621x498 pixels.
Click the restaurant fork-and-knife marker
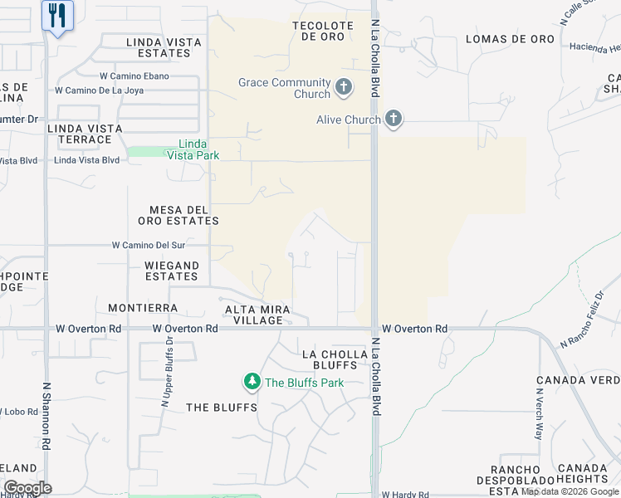[x=57, y=15]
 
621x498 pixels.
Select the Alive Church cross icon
[x=394, y=120]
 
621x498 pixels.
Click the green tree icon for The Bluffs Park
[x=252, y=382]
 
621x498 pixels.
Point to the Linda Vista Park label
[x=193, y=149]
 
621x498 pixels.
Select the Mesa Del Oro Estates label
[x=178, y=215]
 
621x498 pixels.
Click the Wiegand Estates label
[x=172, y=271]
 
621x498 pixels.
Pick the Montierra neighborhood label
[x=143, y=308]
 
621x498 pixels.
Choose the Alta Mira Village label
[x=258, y=315]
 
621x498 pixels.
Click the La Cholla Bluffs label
[x=335, y=359]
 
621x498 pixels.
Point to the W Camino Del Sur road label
[x=149, y=246]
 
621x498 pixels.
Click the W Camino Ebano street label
[x=134, y=76]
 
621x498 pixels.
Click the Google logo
[x=27, y=488]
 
